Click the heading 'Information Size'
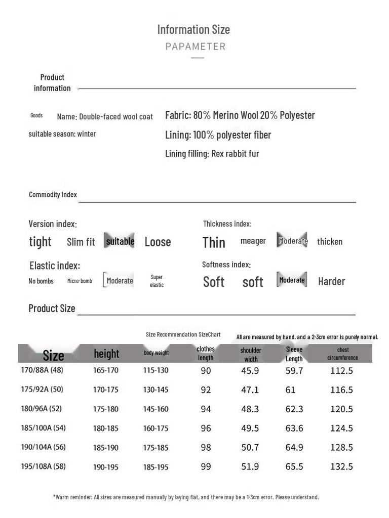[x=193, y=29]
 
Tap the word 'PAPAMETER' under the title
[x=196, y=47]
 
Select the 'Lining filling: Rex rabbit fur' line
[x=212, y=153]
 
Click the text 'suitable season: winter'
[x=62, y=134]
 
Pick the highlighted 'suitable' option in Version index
[x=120, y=241]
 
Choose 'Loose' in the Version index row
[x=158, y=242]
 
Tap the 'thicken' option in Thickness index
[x=330, y=242]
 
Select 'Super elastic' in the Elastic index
[x=157, y=281]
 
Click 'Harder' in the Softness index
[x=331, y=281]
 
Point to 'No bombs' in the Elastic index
[x=41, y=281]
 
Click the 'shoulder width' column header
[x=251, y=355]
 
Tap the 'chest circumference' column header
[x=342, y=354]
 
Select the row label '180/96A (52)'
[x=42, y=409]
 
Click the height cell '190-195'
[x=105, y=467]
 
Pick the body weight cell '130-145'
[x=155, y=390]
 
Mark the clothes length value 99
[x=206, y=466]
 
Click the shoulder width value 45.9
[x=250, y=371]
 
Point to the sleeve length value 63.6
[x=294, y=428]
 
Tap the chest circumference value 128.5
[x=341, y=448]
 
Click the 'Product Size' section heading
[x=52, y=308]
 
